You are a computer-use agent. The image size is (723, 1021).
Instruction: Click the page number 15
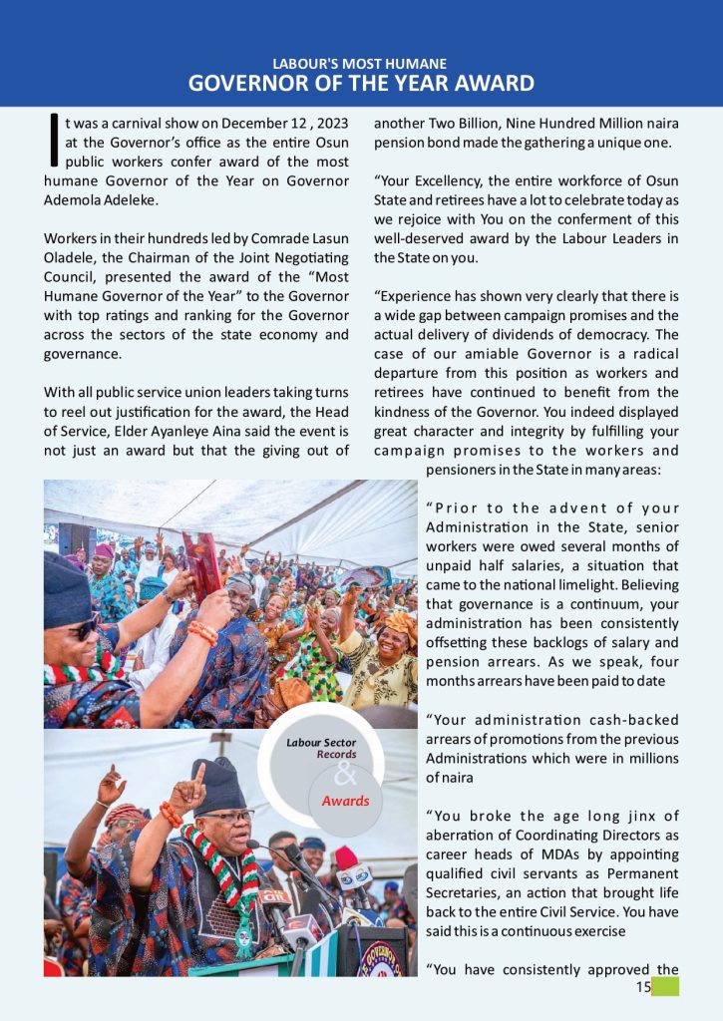pos(642,987)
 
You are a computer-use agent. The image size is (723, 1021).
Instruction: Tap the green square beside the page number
pos(665,986)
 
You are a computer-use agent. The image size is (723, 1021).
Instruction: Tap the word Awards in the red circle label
pos(345,801)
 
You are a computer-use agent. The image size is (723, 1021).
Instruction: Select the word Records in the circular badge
pos(337,756)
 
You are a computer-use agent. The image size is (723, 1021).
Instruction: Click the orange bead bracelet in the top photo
pos(201,632)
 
